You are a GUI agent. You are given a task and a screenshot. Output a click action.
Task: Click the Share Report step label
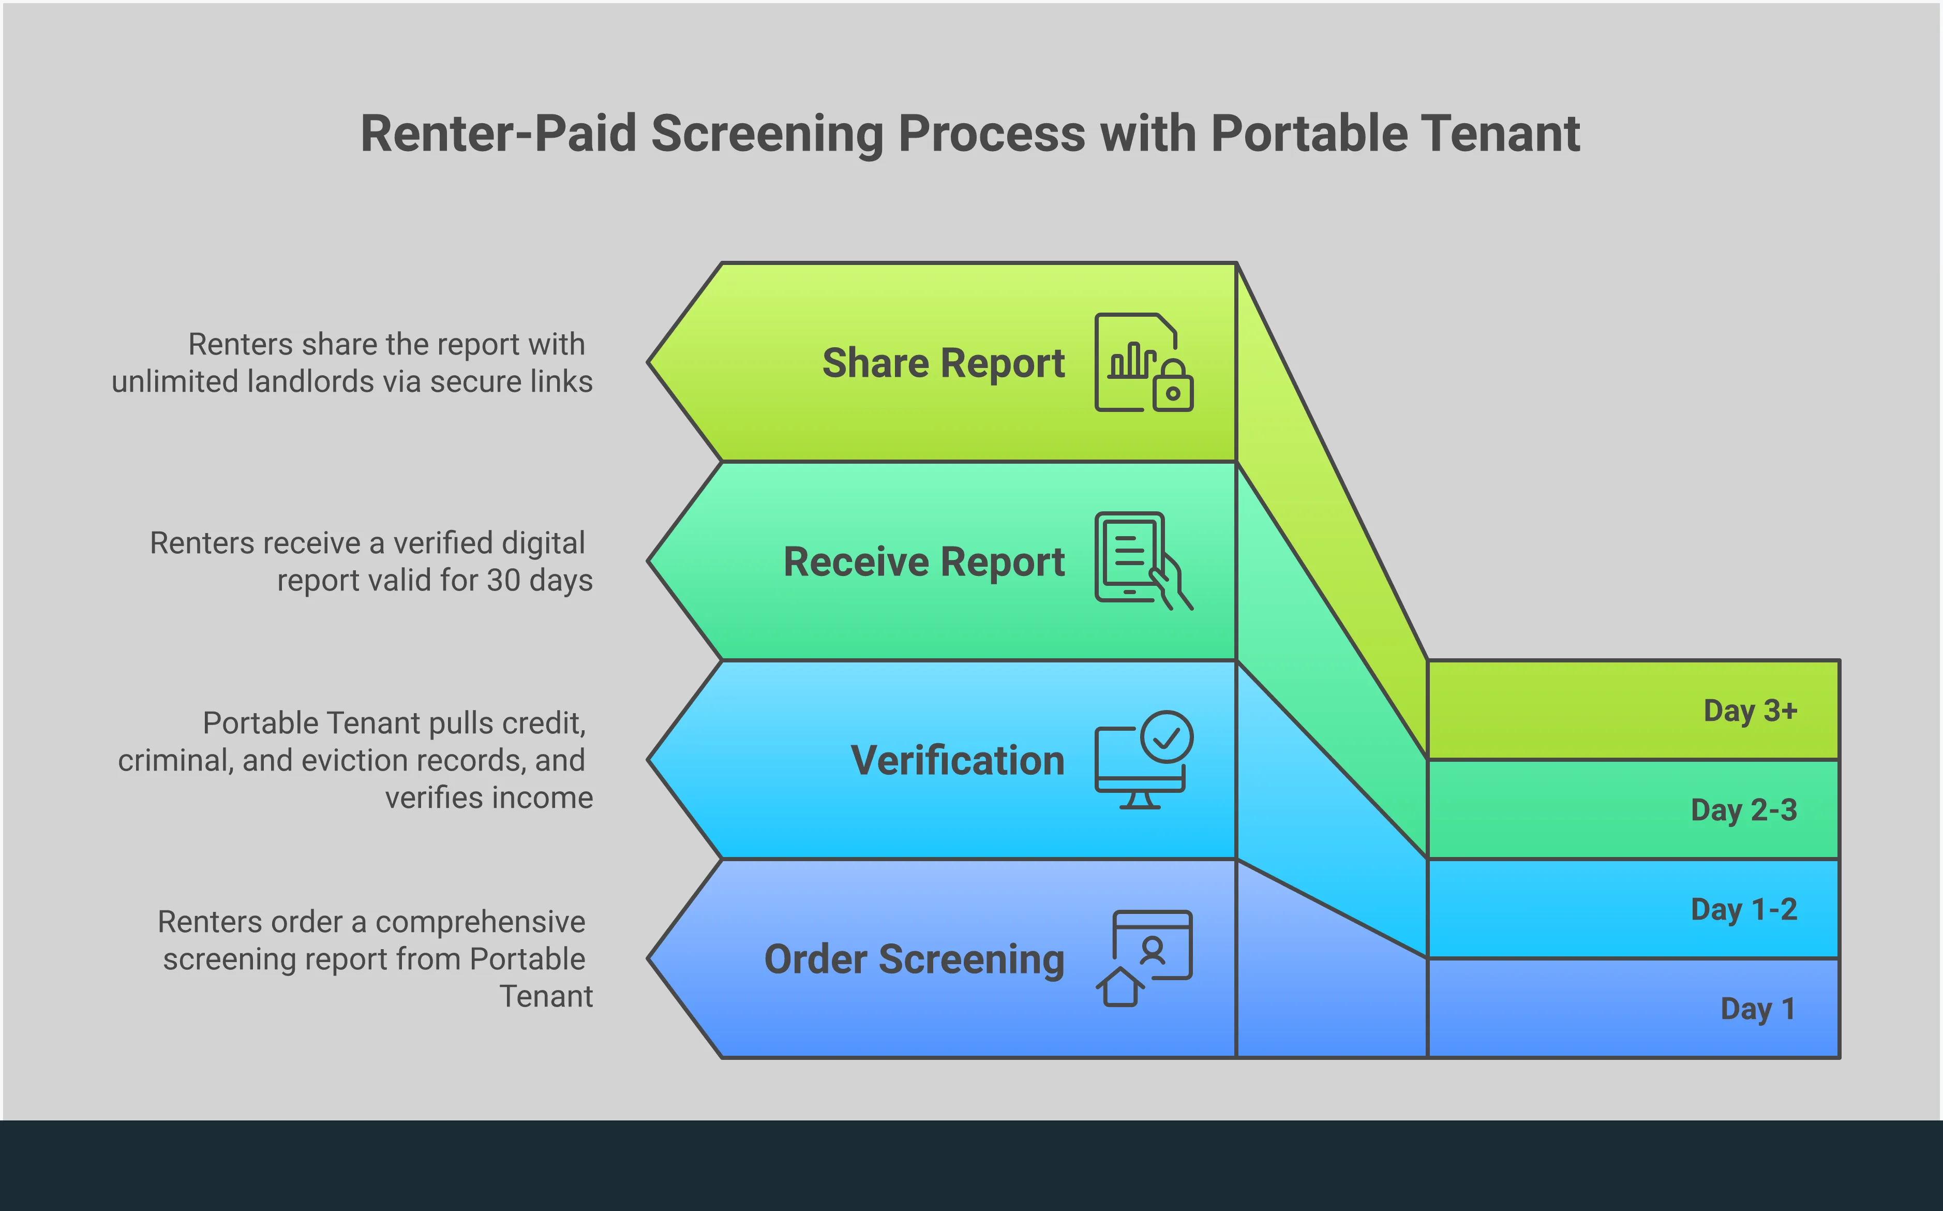tap(943, 363)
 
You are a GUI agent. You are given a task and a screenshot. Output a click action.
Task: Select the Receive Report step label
tap(924, 562)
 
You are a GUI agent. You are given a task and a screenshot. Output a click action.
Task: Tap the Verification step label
tap(958, 760)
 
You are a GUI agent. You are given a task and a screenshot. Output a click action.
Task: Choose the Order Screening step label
tap(914, 958)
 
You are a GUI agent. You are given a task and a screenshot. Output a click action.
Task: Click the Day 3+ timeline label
tap(1750, 711)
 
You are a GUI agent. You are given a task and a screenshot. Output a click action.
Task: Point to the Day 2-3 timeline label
tap(1744, 810)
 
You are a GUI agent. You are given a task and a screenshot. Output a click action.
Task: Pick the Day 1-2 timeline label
tap(1744, 909)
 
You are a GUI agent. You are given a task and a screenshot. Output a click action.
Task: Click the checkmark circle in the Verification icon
tap(1167, 736)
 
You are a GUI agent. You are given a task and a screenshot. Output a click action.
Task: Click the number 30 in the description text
tap(503, 580)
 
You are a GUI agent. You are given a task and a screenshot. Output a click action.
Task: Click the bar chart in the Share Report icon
tap(1131, 360)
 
